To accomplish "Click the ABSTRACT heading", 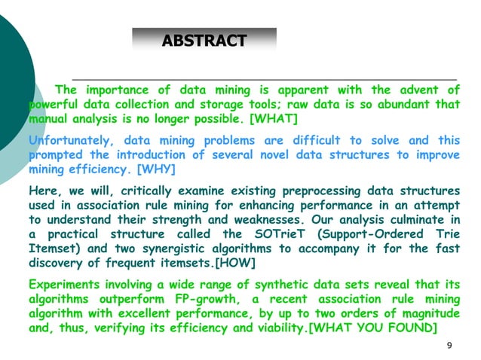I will point(204,41).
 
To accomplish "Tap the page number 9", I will point(449,345).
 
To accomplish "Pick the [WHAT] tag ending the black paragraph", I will point(274,119).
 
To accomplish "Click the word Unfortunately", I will point(70,141).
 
